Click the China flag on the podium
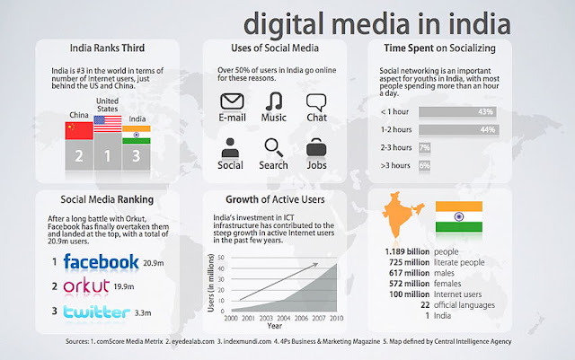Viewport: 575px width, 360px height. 79,131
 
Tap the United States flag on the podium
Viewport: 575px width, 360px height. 108,124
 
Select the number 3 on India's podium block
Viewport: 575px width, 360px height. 136,156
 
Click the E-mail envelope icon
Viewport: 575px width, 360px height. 232,101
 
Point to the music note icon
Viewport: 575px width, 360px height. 274,101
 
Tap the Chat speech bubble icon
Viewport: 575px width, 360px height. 316,102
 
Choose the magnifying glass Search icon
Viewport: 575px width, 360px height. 273,147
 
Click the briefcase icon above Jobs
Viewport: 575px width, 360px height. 316,148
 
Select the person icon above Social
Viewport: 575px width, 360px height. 230,148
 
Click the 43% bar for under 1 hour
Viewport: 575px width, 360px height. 457,112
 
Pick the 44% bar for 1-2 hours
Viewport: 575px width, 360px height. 459,129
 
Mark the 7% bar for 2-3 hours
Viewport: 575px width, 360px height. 425,148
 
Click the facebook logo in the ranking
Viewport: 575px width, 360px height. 102,262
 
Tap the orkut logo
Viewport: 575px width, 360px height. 86,285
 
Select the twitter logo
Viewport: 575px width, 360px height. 96,312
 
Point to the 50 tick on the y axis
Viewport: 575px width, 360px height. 221,258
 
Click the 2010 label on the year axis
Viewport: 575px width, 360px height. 336,318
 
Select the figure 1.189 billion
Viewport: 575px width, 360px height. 407,252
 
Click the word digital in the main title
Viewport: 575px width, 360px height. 284,23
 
